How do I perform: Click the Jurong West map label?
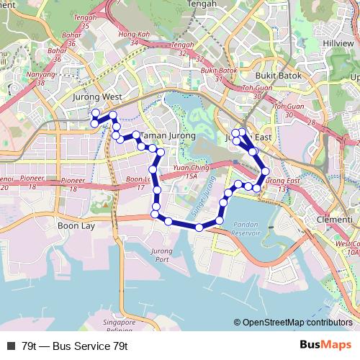[x=99, y=96]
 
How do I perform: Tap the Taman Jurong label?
[x=163, y=135]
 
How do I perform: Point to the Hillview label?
[x=338, y=43]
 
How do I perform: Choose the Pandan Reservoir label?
[x=246, y=229]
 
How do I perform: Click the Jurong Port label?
[x=161, y=255]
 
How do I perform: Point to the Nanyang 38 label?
[x=40, y=78]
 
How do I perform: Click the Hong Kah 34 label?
[x=133, y=38]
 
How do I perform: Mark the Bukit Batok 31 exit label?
[x=218, y=74]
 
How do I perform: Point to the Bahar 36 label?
[x=72, y=39]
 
